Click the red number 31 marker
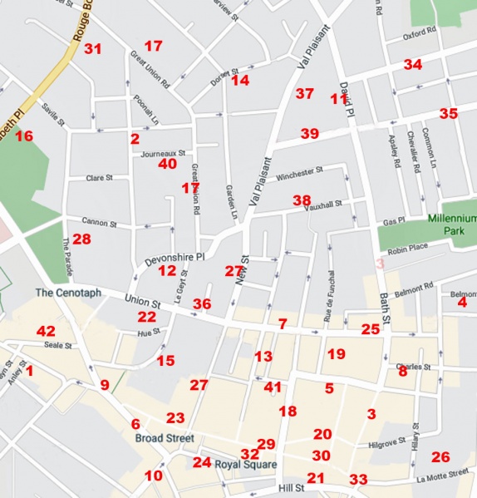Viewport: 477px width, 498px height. click(92, 49)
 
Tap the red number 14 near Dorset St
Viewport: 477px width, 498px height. click(240, 81)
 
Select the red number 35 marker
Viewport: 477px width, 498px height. click(448, 114)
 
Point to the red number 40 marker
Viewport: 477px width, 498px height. click(168, 165)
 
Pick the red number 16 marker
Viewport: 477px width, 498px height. click(23, 136)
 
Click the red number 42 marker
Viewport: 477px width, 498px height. click(46, 332)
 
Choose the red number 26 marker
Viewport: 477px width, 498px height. click(440, 456)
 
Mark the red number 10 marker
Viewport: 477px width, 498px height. click(154, 476)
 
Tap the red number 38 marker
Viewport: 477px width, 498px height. click(302, 201)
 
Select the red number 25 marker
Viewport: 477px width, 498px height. click(370, 330)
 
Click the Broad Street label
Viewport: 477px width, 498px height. click(165, 438)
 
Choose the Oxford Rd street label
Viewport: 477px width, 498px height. click(420, 35)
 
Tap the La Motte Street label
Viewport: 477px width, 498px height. click(449, 476)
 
